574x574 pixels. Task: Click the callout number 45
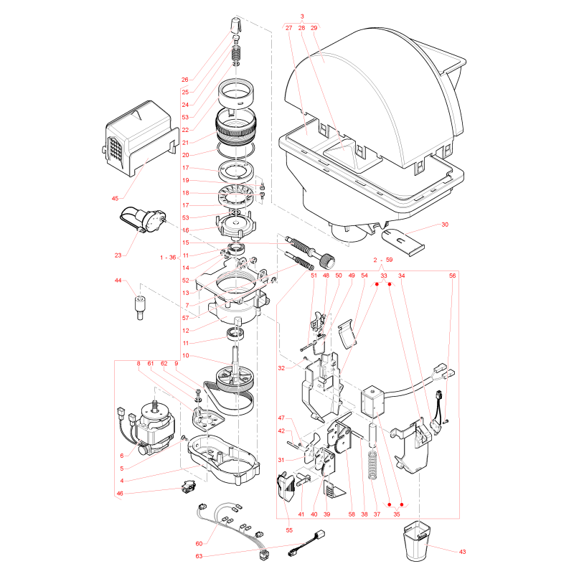115,199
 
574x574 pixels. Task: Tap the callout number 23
118,255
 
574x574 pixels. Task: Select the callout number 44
118,281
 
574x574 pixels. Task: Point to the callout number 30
445,225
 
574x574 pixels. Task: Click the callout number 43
462,552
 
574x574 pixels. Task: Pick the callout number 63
199,556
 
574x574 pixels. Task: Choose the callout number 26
185,80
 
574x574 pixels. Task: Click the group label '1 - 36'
168,258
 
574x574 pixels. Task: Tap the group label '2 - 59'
383,260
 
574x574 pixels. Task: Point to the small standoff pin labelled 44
139,306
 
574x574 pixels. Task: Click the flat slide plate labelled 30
403,242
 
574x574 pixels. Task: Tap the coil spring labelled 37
372,464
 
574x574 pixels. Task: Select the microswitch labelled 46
189,487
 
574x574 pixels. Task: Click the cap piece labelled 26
237,24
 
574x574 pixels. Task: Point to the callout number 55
289,530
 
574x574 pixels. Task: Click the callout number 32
281,368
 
